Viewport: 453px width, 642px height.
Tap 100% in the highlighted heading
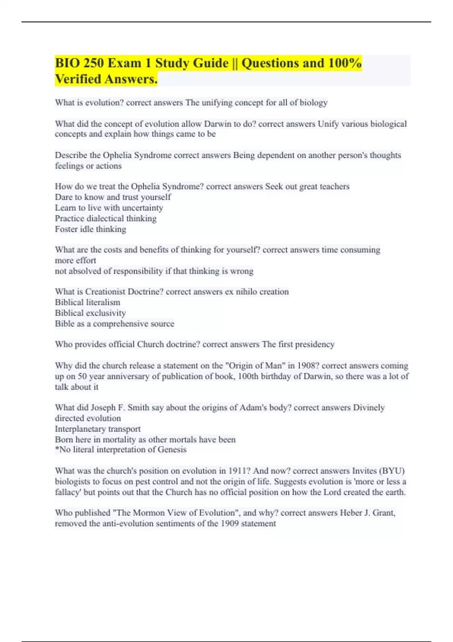(345, 63)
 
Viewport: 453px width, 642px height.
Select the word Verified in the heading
(78, 79)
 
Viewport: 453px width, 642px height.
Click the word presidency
(314, 344)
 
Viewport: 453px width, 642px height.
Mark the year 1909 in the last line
(230, 523)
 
